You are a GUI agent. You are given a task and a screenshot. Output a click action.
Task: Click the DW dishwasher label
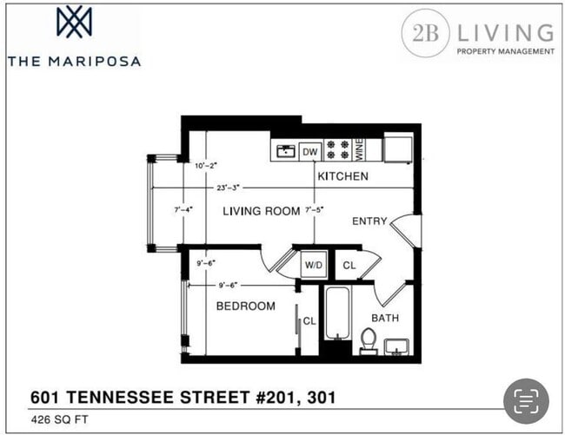[x=310, y=152]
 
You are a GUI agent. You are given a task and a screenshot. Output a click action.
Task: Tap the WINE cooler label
[x=357, y=150]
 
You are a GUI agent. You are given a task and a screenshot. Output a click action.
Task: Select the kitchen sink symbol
[x=285, y=151]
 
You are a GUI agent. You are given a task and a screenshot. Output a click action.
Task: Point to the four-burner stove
[x=337, y=151]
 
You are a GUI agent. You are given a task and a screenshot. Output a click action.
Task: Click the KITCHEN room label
[x=342, y=176]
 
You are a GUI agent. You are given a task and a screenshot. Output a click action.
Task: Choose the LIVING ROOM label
[x=262, y=211]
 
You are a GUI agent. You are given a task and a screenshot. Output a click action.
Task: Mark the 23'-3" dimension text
[x=230, y=188]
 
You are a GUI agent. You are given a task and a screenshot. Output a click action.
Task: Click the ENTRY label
[x=369, y=221]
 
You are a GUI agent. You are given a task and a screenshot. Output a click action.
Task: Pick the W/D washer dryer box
[x=313, y=265]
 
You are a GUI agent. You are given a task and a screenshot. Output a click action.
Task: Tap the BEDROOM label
[x=246, y=306]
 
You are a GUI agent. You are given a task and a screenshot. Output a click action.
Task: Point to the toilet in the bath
[x=369, y=339]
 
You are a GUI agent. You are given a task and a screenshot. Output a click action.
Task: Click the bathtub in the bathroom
[x=337, y=314]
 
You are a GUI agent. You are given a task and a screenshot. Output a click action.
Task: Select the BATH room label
[x=386, y=318]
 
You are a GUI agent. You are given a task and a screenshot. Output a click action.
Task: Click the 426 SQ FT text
[x=58, y=419]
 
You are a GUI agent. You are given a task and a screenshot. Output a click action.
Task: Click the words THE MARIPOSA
[x=74, y=62]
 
